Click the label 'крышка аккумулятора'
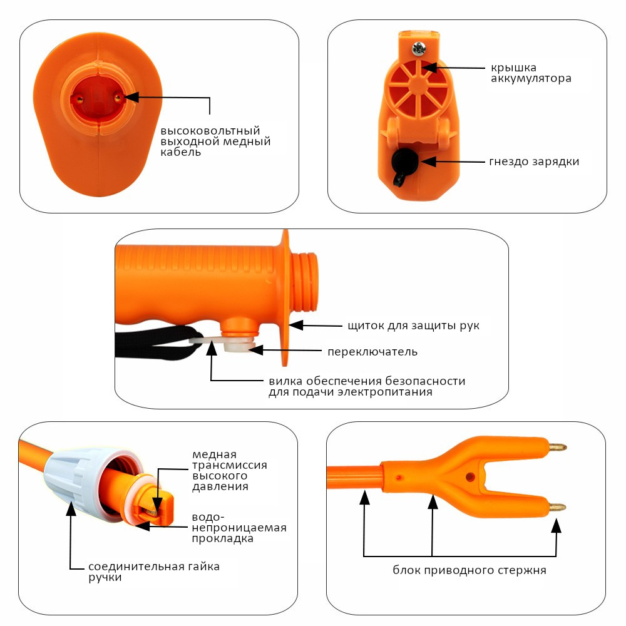click(530, 73)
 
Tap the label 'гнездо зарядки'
click(533, 162)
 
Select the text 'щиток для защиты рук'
click(413, 326)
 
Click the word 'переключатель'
click(372, 351)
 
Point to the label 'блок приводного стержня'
click(469, 570)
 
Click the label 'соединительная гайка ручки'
click(153, 572)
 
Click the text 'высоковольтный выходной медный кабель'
click(215, 141)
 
